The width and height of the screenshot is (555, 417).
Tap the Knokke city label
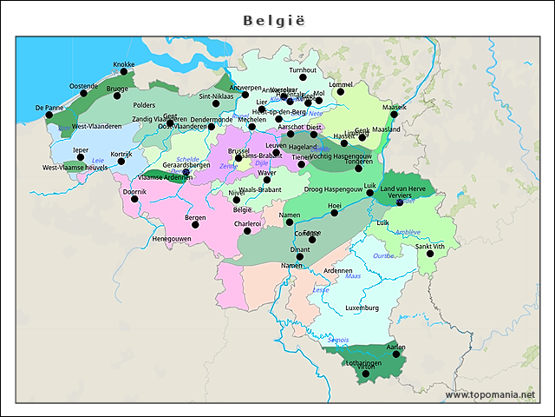coord(124,64)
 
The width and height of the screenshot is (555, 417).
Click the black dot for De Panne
coord(49,115)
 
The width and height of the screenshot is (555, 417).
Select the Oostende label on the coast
coord(84,86)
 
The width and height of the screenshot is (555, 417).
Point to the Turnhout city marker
coord(303,79)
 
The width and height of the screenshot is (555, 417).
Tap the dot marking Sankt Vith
coord(430,254)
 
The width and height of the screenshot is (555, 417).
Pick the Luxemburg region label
coord(362,308)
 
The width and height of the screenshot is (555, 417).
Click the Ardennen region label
coord(337,270)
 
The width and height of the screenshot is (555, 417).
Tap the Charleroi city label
coord(248,223)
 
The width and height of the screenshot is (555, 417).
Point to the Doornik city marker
coord(134,198)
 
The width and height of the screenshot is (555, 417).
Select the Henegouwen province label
coord(172,238)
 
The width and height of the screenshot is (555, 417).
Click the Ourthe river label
coord(382,256)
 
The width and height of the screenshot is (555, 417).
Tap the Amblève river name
coord(407,232)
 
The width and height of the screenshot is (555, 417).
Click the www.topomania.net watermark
coord(490,394)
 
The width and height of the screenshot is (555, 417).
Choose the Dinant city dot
coord(300,257)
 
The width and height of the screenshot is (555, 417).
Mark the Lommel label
coord(341,85)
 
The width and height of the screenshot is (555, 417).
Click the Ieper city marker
coord(80,158)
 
